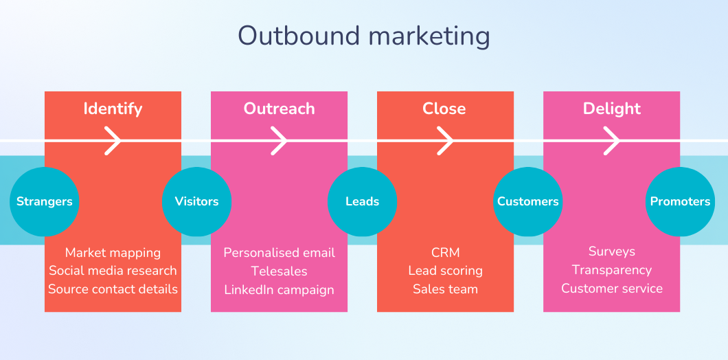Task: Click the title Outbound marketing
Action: click(364, 36)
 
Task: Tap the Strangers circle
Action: click(45, 201)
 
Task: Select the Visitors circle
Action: click(196, 201)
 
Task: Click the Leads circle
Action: click(362, 201)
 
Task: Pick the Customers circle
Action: click(528, 201)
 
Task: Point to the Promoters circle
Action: click(680, 201)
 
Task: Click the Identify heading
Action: click(113, 109)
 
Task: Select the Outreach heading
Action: click(279, 109)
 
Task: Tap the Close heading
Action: click(444, 109)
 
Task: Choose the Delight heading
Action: click(612, 109)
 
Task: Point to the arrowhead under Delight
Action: click(612, 140)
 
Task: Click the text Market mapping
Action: click(113, 253)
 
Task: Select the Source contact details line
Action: click(113, 289)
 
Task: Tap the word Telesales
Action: click(279, 271)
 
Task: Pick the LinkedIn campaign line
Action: click(279, 290)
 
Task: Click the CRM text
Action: click(445, 253)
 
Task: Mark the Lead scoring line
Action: click(445, 271)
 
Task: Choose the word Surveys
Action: click(612, 251)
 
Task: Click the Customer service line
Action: click(612, 289)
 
